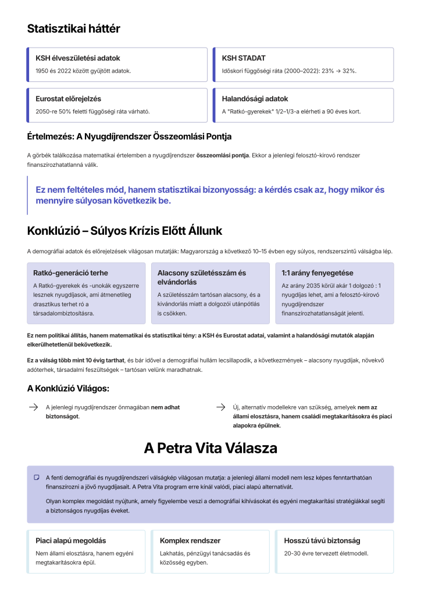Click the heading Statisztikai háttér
click(x=74, y=28)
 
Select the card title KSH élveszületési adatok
click(x=78, y=58)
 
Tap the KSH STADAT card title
click(x=244, y=58)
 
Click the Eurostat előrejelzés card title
click(x=68, y=99)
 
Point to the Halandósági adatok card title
click(x=255, y=99)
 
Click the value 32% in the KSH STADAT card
click(x=349, y=71)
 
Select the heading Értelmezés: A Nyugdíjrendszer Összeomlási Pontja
click(x=129, y=137)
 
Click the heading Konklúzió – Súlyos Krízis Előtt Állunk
click(x=124, y=231)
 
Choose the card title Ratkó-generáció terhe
click(x=70, y=273)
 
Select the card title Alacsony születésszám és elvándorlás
click(x=202, y=277)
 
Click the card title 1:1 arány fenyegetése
click(x=317, y=273)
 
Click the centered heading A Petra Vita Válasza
click(x=211, y=448)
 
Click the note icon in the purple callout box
click(x=37, y=477)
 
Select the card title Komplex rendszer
click(x=190, y=540)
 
